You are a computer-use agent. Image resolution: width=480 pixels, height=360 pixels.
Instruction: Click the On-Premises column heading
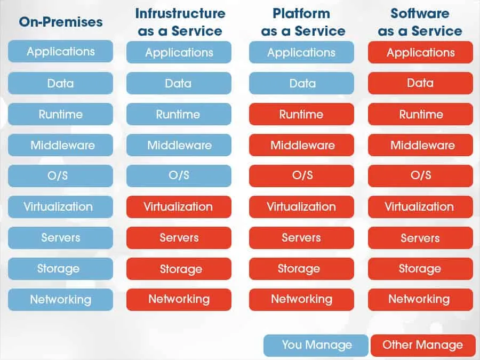point(60,22)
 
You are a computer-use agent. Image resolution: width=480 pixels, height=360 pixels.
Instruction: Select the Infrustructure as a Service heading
point(180,22)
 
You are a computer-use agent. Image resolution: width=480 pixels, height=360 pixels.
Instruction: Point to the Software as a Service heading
point(420,22)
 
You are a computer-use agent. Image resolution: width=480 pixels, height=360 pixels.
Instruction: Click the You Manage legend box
point(316,345)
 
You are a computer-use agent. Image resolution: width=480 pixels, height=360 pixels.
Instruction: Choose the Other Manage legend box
point(422,345)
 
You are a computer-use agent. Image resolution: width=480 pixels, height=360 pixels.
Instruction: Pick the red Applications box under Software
point(420,52)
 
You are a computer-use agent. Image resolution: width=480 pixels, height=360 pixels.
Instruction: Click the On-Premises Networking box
point(60,299)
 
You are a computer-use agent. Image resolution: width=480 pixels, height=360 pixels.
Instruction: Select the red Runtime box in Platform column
point(301,114)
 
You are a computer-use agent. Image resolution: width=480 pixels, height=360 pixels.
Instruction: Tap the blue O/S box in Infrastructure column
point(179,175)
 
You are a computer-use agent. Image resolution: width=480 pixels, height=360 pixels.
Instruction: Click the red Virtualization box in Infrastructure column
point(179,206)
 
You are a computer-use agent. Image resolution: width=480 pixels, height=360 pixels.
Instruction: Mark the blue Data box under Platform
point(301,83)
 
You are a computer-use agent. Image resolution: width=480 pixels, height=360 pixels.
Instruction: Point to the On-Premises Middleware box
point(60,145)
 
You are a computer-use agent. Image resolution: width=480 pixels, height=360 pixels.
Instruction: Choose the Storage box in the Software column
point(420,269)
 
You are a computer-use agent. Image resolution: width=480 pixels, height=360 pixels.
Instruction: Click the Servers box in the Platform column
point(301,238)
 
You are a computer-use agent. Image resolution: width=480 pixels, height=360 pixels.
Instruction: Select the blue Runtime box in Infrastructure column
point(179,114)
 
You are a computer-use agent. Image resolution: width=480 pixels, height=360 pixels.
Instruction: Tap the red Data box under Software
point(420,83)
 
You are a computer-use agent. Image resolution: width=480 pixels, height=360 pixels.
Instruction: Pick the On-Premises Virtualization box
point(60,206)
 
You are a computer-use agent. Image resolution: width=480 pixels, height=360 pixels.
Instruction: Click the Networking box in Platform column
point(301,299)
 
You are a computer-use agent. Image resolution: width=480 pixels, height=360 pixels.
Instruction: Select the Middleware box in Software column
point(420,145)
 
